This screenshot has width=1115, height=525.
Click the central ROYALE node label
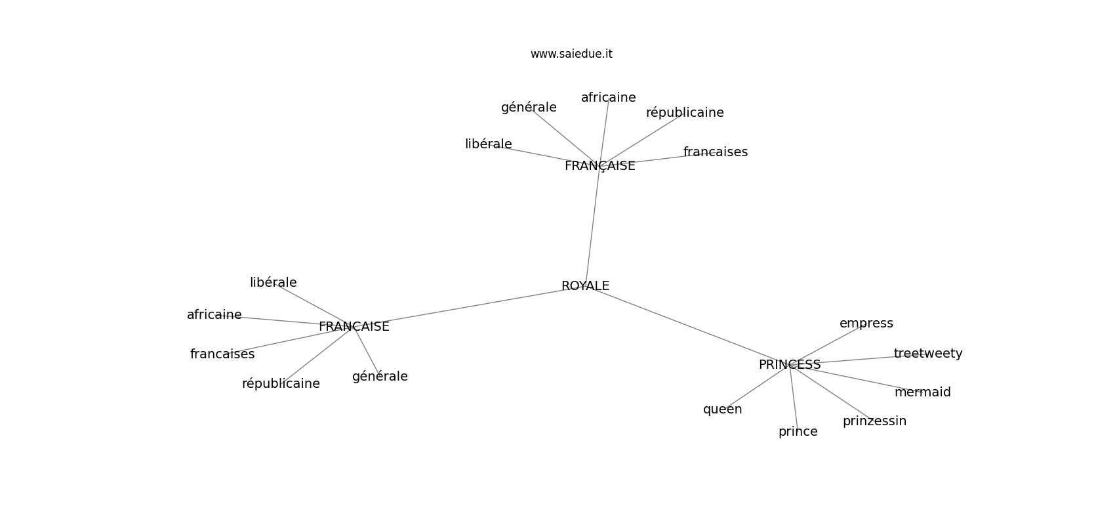click(585, 286)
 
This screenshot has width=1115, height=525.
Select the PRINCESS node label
click(790, 365)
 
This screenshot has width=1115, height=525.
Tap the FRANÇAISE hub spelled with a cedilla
click(600, 166)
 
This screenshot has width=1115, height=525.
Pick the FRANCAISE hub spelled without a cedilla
click(354, 327)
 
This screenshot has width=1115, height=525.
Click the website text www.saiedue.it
click(571, 54)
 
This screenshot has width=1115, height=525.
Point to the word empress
click(866, 324)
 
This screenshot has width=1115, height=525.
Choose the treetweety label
click(928, 354)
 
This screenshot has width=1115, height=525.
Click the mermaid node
click(922, 392)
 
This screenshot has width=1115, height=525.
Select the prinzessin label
click(874, 421)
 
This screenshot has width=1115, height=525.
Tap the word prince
click(798, 432)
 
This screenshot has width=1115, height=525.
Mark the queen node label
click(722, 409)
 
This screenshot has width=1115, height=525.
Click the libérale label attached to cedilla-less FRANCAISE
click(274, 283)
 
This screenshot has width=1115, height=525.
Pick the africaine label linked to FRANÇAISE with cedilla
click(608, 98)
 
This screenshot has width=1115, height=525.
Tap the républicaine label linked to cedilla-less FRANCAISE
click(281, 384)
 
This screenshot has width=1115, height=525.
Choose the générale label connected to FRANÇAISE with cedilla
click(529, 108)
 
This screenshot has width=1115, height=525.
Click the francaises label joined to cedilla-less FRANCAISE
click(222, 354)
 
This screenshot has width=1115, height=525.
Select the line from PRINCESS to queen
click(756, 387)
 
